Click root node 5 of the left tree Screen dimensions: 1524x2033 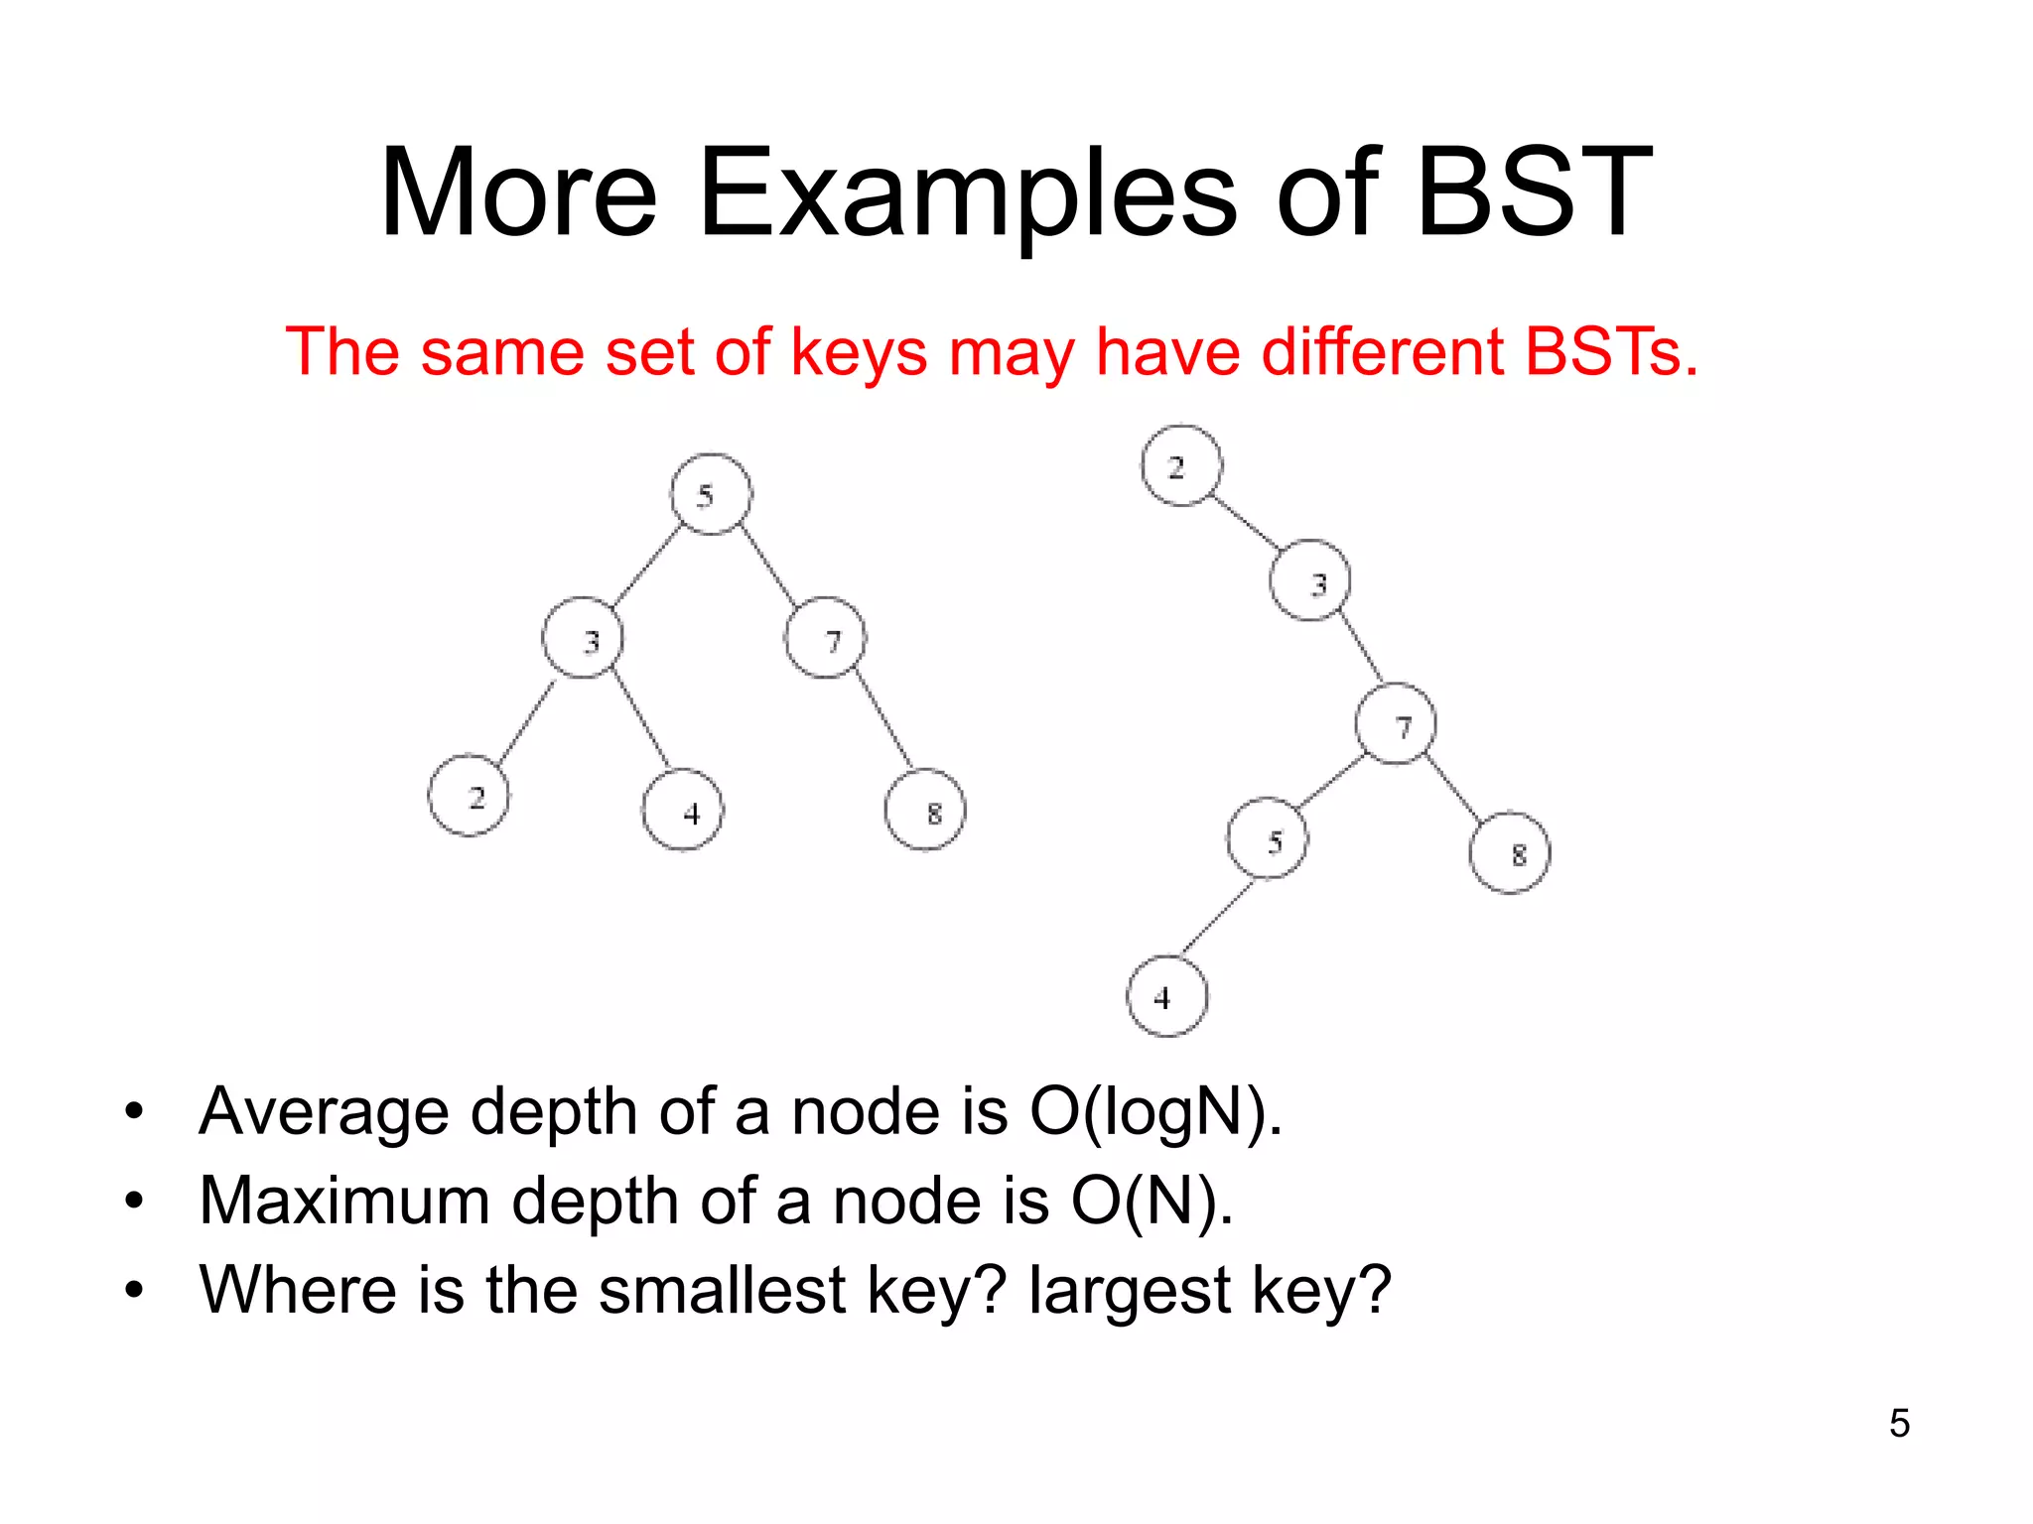(x=711, y=494)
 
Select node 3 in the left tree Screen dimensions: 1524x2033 (x=584, y=639)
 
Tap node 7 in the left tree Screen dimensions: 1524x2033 (x=826, y=639)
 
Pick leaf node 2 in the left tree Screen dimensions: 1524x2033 (x=469, y=796)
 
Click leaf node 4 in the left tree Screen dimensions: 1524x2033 (x=683, y=811)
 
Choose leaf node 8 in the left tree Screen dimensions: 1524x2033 (x=925, y=811)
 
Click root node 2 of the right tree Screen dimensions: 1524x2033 (x=1181, y=466)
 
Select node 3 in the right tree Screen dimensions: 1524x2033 (x=1310, y=581)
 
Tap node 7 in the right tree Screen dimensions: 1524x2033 (x=1396, y=724)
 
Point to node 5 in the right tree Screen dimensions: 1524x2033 (x=1268, y=839)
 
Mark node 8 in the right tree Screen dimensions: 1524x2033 (x=1510, y=853)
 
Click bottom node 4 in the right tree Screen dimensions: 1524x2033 (x=1167, y=996)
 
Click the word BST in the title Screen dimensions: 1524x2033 (x=1534, y=193)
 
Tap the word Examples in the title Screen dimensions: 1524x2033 (x=968, y=193)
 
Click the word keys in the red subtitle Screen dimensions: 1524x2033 (x=859, y=353)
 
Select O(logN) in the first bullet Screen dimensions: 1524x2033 (x=1154, y=1111)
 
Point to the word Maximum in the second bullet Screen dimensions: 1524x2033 (x=344, y=1201)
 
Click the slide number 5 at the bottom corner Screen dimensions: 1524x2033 (x=1899, y=1423)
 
